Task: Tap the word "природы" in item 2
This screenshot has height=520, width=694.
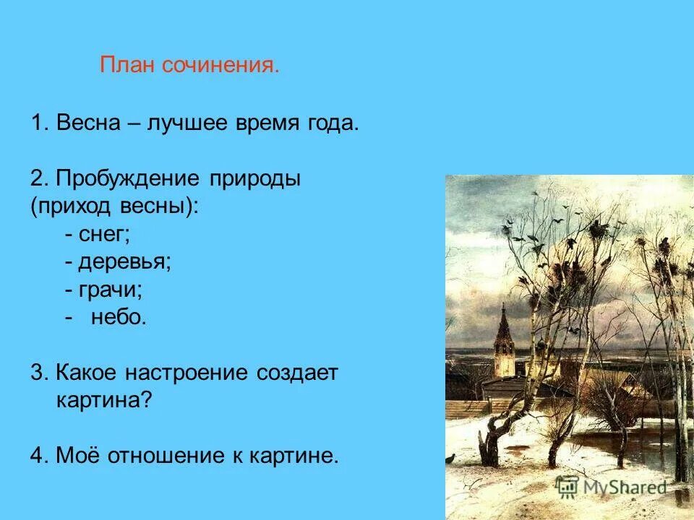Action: pyautogui.click(x=255, y=178)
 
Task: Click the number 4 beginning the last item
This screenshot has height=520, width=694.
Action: pyautogui.click(x=36, y=456)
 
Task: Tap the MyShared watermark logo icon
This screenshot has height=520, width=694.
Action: pyautogui.click(x=566, y=487)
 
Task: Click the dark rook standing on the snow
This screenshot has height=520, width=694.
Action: pyautogui.click(x=450, y=456)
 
